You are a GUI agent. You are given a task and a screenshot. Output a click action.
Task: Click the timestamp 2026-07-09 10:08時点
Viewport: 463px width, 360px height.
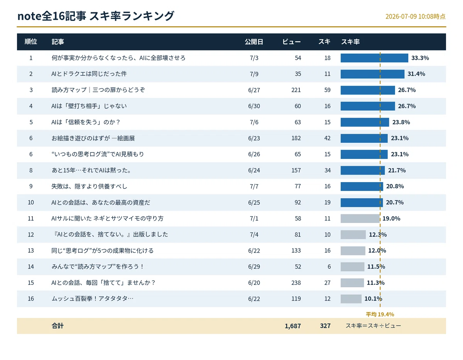tap(415, 17)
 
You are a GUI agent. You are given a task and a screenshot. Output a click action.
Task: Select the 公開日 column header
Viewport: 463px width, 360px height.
tap(254, 42)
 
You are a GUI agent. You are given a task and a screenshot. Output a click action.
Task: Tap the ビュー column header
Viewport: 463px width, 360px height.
tap(291, 42)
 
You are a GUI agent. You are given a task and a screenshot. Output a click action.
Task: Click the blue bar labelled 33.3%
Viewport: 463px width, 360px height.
tap(374, 58)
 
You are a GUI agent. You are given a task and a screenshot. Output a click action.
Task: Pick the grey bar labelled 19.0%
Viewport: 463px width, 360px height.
tap(360, 218)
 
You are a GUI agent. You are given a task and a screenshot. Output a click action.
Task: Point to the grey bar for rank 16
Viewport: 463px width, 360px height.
tap(351, 299)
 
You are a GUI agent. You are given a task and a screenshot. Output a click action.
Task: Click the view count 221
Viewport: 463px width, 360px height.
tap(296, 90)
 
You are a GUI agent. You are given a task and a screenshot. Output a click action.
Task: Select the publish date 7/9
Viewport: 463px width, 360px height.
tap(254, 74)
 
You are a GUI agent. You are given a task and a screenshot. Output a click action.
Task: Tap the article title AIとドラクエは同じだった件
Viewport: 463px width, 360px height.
tap(89, 74)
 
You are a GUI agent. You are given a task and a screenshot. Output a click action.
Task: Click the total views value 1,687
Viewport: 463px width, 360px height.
tap(292, 326)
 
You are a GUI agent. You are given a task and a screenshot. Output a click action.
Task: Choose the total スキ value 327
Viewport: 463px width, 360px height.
tap(325, 326)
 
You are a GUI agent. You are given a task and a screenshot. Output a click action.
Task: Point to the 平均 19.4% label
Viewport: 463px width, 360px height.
tap(380, 314)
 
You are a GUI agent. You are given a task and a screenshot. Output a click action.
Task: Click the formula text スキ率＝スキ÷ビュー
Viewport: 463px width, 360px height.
tap(373, 326)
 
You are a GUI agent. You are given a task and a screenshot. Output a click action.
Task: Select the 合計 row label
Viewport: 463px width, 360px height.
tap(57, 326)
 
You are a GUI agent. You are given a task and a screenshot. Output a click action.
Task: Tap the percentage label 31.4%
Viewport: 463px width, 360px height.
tap(416, 74)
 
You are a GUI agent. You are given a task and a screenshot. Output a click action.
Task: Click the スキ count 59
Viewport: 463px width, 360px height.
tap(327, 90)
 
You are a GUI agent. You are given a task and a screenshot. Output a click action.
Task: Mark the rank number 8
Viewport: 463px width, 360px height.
tap(31, 171)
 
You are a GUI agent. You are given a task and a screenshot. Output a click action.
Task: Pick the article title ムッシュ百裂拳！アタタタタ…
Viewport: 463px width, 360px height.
tap(93, 298)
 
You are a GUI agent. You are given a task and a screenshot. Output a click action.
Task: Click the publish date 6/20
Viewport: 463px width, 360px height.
tap(254, 283)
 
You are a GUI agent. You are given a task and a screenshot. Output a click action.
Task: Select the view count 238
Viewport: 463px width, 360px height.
tap(296, 283)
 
